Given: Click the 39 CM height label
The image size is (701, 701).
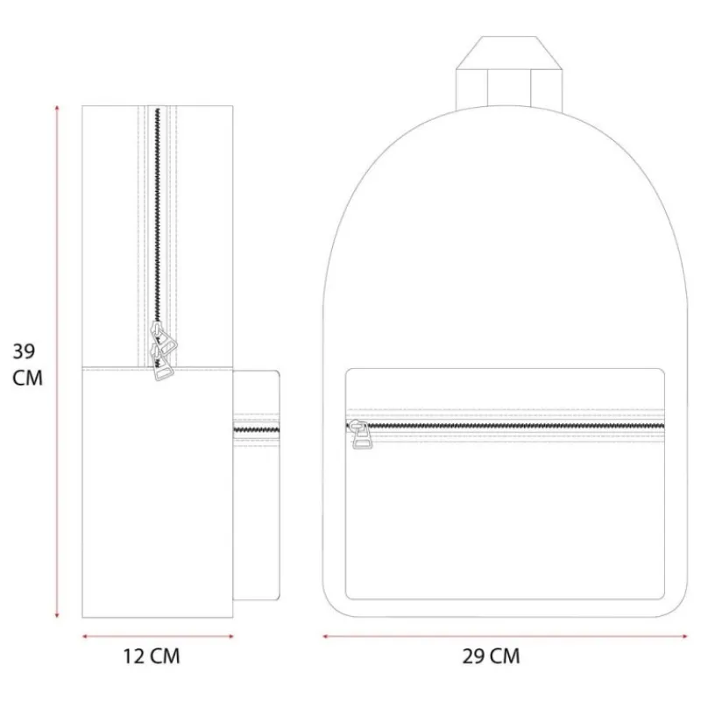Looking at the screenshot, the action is [x=27, y=365].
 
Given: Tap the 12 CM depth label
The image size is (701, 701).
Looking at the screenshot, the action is [x=152, y=656].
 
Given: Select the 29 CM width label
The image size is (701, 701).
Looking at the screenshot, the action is [x=491, y=656].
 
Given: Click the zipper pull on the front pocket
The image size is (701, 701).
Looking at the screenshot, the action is [x=360, y=434].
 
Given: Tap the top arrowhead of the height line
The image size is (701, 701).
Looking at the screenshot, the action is [x=57, y=108].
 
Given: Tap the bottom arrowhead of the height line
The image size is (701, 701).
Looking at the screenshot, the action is [x=57, y=615].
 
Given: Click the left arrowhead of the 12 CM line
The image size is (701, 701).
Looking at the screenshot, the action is [x=85, y=636].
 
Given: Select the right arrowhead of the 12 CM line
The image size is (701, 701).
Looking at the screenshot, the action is [x=230, y=636].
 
